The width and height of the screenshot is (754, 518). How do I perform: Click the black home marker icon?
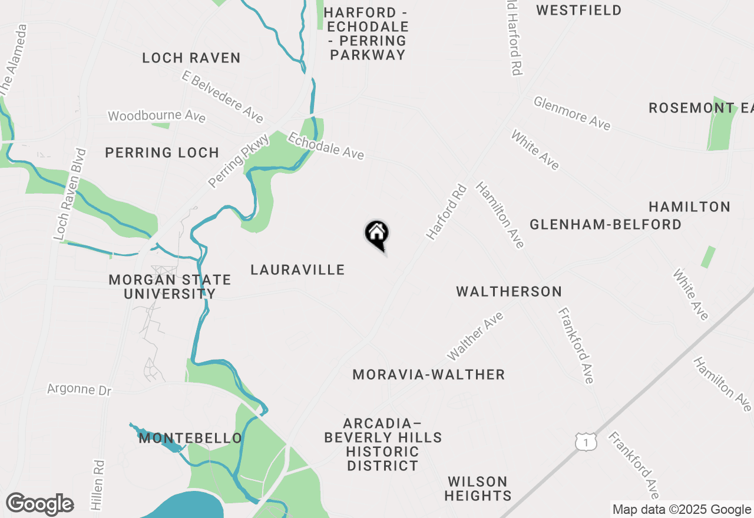pyautogui.click(x=377, y=234)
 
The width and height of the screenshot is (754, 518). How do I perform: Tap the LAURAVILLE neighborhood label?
pyautogui.click(x=297, y=270)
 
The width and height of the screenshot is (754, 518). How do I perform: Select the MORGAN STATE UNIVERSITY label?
pyautogui.click(x=170, y=287)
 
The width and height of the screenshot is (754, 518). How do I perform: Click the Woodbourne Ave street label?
pyautogui.click(x=157, y=115)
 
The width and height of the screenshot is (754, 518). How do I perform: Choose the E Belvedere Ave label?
pyautogui.click(x=223, y=97)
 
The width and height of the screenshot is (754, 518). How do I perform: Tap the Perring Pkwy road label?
pyautogui.click(x=239, y=161)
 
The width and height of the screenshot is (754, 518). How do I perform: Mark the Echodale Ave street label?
pyautogui.click(x=326, y=145)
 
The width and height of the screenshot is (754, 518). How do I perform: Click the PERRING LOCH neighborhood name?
pyautogui.click(x=162, y=153)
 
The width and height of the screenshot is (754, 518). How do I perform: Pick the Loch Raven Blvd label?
pyautogui.click(x=70, y=194)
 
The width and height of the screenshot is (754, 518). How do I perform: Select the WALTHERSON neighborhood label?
pyautogui.click(x=509, y=292)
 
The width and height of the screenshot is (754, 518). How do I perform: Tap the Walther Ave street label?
pyautogui.click(x=475, y=336)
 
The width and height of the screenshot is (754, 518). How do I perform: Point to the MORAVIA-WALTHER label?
pyautogui.click(x=429, y=375)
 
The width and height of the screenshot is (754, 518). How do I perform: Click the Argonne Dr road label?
pyautogui.click(x=79, y=390)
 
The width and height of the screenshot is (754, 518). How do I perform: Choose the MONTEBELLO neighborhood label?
pyautogui.click(x=190, y=439)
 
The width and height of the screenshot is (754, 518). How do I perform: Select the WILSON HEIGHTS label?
pyautogui.click(x=478, y=489)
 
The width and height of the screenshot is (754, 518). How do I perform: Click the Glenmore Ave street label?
pyautogui.click(x=572, y=113)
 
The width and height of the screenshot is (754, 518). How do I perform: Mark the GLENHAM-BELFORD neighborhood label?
pyautogui.click(x=606, y=225)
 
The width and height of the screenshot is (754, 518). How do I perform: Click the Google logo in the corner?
pyautogui.click(x=40, y=504)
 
